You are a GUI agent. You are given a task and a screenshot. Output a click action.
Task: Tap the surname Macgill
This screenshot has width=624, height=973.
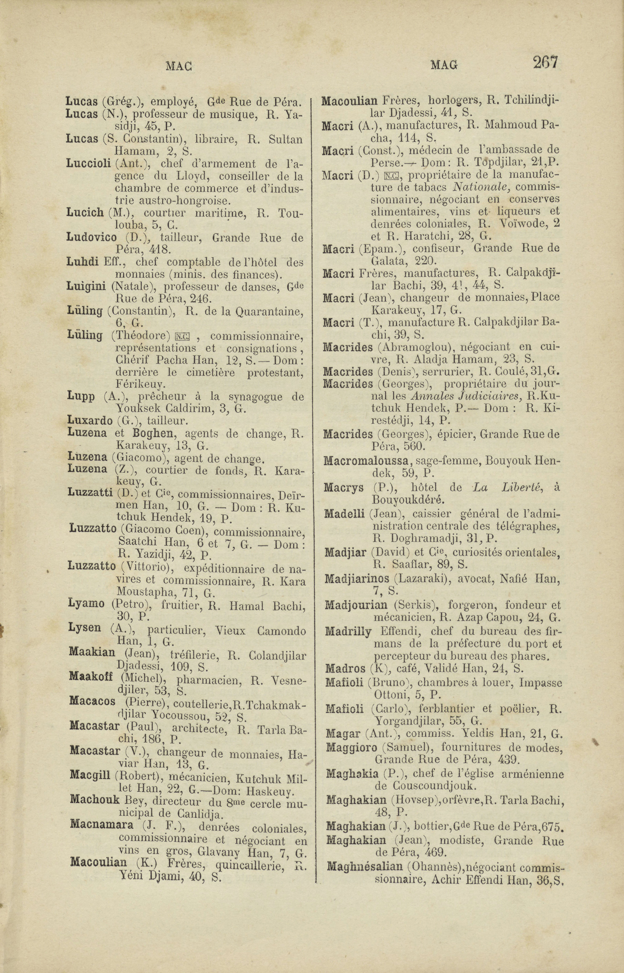pyautogui.click(x=90, y=775)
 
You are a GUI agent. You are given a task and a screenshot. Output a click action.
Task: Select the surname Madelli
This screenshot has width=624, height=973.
pyautogui.click(x=345, y=514)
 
